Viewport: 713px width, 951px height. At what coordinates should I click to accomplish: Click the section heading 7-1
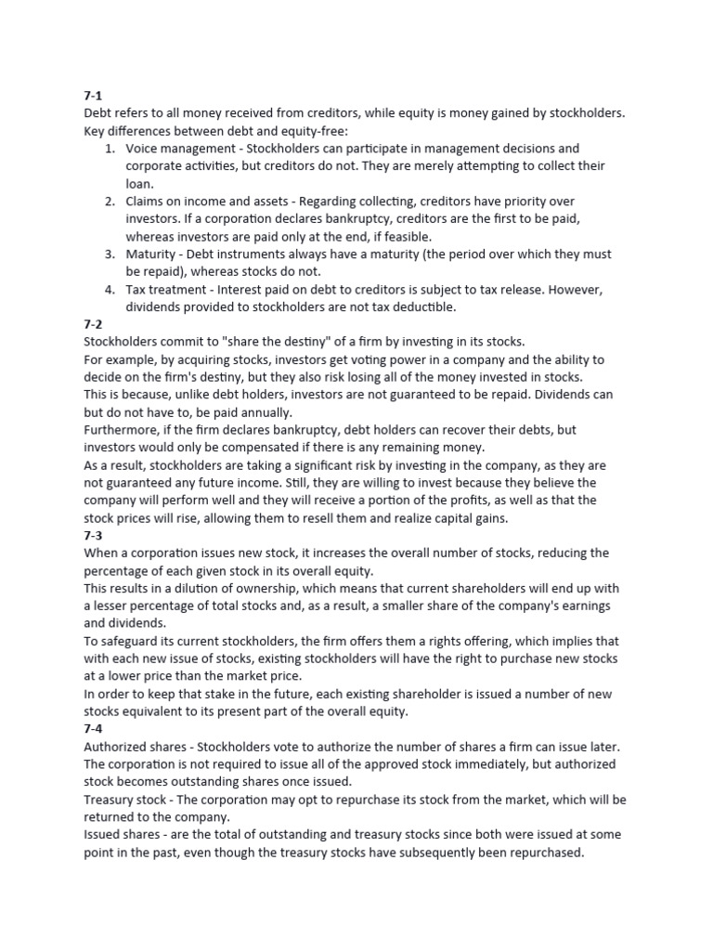93,96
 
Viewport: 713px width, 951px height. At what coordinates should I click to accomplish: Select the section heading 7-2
94,324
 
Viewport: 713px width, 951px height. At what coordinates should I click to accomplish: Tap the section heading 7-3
94,536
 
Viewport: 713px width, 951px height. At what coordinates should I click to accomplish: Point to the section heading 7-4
94,730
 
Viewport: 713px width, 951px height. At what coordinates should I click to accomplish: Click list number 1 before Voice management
109,149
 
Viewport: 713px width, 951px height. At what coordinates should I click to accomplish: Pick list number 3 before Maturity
109,254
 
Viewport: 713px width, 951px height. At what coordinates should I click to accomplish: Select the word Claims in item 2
147,202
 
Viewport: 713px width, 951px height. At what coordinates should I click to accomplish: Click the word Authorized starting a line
116,748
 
